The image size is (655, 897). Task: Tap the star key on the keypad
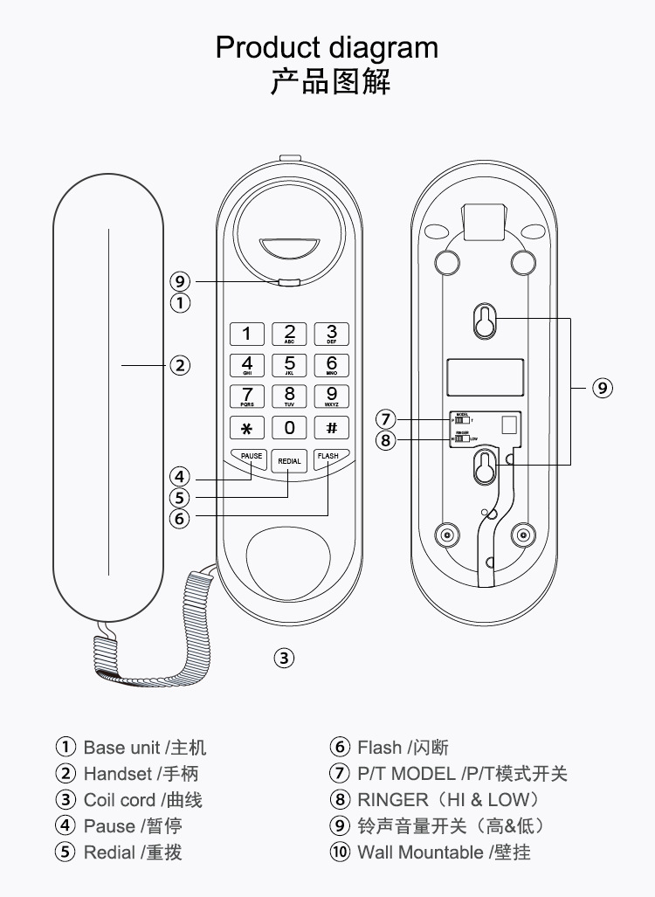pos(247,428)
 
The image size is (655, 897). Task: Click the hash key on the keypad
pos(331,428)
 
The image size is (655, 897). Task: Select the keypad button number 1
pos(247,334)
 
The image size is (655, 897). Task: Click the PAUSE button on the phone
pos(251,457)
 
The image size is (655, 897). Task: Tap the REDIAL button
pos(289,460)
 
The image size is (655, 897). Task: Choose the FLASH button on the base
pos(328,457)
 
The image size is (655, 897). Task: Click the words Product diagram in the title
pos(327,46)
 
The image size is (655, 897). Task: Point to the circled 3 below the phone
pos(284,659)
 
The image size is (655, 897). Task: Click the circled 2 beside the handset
pos(180,365)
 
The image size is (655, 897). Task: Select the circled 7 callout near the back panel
pos(387,418)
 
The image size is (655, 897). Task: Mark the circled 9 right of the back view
pos(603,388)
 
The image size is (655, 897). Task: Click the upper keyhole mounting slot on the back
pos(483,321)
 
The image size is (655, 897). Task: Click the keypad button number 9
pos(331,396)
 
